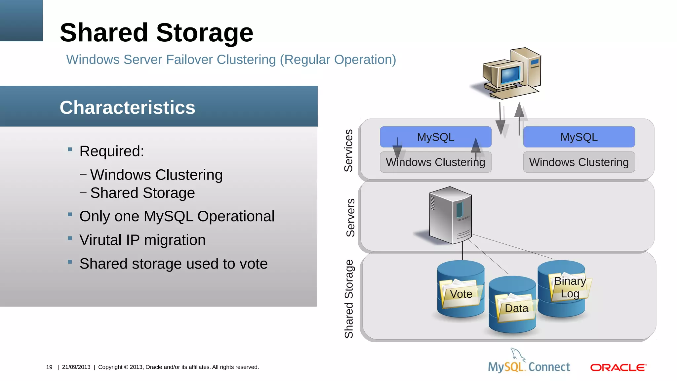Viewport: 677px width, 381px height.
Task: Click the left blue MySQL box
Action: [x=435, y=137]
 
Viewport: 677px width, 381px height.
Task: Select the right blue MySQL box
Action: [x=579, y=137]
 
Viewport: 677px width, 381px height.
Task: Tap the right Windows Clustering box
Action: [x=579, y=162]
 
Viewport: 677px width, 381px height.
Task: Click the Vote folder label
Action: [x=461, y=294]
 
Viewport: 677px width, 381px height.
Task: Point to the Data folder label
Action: [x=516, y=308]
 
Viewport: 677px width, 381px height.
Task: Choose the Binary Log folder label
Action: [x=570, y=287]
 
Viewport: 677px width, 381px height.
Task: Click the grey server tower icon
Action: [x=451, y=215]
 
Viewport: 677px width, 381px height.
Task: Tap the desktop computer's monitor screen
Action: [x=510, y=75]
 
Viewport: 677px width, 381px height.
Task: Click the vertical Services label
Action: [x=349, y=150]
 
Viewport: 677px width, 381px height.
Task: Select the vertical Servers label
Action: [x=350, y=218]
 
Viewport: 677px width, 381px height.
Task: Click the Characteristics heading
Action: [x=127, y=107]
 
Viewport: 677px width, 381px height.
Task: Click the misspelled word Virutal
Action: [x=100, y=240]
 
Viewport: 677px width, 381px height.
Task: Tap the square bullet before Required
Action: [x=70, y=149]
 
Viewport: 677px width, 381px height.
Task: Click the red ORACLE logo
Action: [x=618, y=367]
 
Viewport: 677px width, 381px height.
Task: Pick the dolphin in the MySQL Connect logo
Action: [x=517, y=355]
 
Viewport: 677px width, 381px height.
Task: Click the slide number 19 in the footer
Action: [x=49, y=367]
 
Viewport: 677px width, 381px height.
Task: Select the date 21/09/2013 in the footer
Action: [x=76, y=367]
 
